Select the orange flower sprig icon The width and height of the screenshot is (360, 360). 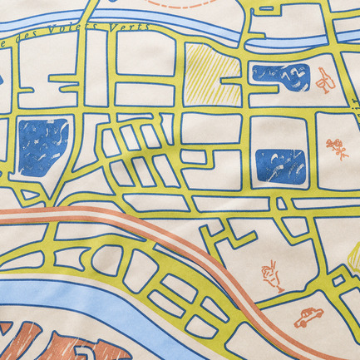pyautogui.click(x=337, y=149)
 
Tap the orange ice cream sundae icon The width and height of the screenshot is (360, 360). pyautogui.click(x=272, y=275)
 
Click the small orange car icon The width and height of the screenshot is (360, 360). pyautogui.click(x=308, y=318)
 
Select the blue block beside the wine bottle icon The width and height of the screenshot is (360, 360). pyautogui.click(x=280, y=77)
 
